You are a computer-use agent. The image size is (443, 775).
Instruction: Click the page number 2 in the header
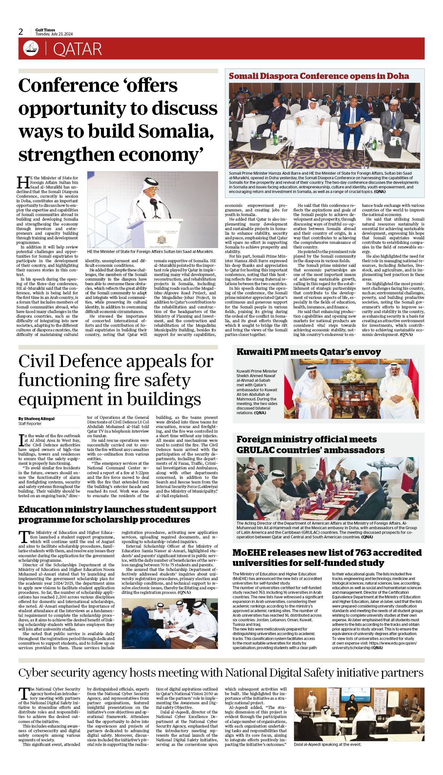(x=21, y=32)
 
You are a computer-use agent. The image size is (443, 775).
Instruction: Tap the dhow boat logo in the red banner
(x=31, y=48)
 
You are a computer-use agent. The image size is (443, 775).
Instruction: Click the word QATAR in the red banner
(x=77, y=49)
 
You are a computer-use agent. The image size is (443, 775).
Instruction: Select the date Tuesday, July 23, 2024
(x=54, y=34)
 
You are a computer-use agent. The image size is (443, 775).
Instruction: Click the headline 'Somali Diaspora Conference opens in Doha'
(x=319, y=76)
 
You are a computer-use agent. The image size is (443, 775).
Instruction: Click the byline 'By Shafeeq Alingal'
(x=36, y=418)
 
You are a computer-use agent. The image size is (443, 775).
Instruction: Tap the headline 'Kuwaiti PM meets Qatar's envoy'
(x=309, y=352)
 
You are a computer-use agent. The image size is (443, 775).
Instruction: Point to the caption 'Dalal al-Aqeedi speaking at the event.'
(x=328, y=745)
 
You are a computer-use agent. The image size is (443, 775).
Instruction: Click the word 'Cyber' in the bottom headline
(x=32, y=673)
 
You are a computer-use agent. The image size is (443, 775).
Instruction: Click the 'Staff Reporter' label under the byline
(x=30, y=424)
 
